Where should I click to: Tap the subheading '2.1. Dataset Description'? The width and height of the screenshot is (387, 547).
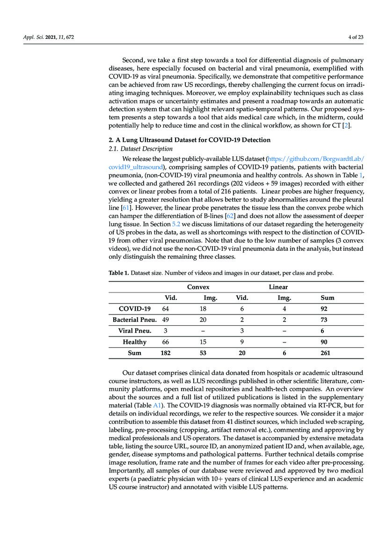(134, 148)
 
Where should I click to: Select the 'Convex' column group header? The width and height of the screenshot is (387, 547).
(198, 287)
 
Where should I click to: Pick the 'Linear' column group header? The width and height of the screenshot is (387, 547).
(278, 287)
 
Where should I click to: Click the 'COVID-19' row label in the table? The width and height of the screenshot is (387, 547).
(135, 309)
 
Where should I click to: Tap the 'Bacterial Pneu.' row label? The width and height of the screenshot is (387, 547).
(134, 320)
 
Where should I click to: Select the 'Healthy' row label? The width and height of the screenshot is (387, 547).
(134, 342)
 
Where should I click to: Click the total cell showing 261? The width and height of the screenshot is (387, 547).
(325, 353)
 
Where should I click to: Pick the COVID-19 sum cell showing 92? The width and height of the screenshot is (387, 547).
(324, 309)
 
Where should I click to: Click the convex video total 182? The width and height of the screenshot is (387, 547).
(165, 353)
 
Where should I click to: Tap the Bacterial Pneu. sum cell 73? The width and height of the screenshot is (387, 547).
(324, 320)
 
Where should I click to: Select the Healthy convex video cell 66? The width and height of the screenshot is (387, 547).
(165, 342)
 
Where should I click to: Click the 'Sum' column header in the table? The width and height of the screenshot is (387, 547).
(327, 298)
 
